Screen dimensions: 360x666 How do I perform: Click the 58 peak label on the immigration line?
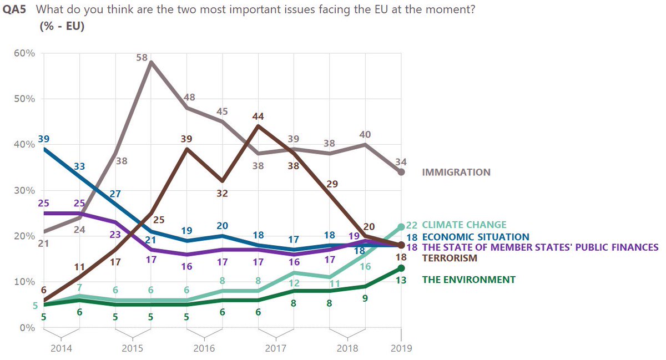click(x=142, y=57)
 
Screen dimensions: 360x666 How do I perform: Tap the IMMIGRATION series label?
click(x=456, y=172)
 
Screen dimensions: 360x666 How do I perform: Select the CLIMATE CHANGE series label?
click(x=464, y=225)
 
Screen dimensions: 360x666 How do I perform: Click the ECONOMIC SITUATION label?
click(x=476, y=237)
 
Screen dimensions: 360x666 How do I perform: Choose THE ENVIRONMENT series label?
click(x=468, y=280)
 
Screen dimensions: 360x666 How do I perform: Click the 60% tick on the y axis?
click(x=24, y=54)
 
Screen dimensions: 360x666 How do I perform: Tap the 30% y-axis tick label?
click(x=24, y=191)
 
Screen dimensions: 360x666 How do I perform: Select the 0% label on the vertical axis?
click(x=27, y=327)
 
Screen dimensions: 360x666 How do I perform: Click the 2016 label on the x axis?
click(x=203, y=348)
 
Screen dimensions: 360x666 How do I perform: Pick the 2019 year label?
click(x=401, y=348)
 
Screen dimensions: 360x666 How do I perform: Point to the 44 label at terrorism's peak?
click(x=258, y=116)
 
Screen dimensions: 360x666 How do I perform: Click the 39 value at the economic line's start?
click(x=44, y=139)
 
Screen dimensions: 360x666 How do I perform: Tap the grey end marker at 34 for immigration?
click(x=401, y=172)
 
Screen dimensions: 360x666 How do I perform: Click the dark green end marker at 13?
click(x=401, y=268)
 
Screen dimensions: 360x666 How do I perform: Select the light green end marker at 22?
click(x=401, y=227)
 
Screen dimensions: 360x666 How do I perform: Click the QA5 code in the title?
click(x=14, y=11)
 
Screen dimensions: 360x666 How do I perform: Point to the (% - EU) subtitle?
click(x=62, y=26)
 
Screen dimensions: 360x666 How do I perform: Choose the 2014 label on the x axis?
click(x=61, y=348)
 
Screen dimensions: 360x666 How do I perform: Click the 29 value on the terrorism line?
click(x=332, y=184)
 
